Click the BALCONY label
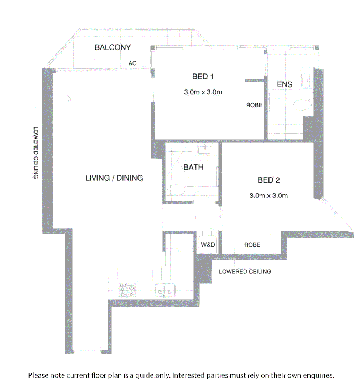pos(113,47)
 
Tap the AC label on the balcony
pos(132,63)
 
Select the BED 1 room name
pos(203,76)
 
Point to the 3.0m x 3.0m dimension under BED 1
pos(203,92)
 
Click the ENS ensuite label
pos(285,84)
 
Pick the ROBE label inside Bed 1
pos(254,106)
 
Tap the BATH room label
pos(193,167)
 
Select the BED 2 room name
pos(268,180)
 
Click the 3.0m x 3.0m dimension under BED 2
pos(268,196)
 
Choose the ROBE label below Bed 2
pos(252,245)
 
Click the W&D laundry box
pos(207,245)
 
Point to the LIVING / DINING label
pos(114,178)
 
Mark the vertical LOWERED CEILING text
pos(36,153)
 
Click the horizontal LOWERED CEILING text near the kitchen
pos(245,272)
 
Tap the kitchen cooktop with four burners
pos(127,291)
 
